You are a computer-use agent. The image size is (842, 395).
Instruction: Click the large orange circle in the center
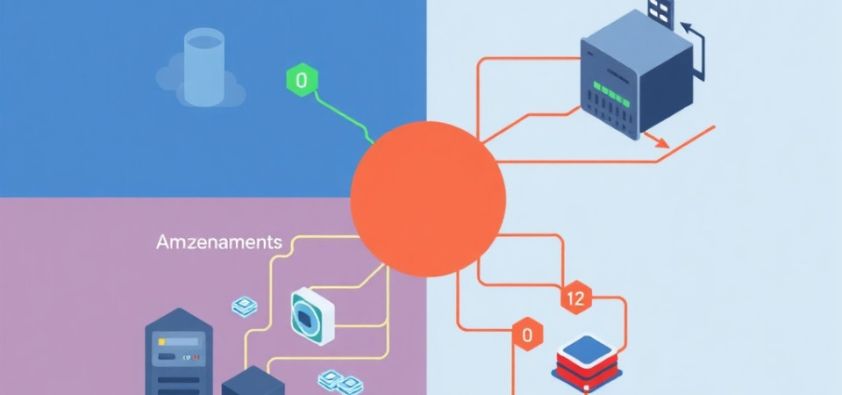tap(428, 199)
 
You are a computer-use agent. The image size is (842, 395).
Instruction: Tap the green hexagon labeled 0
tap(302, 82)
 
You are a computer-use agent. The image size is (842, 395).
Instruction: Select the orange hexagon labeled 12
tap(575, 298)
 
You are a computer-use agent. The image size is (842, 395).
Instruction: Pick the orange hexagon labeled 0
tap(527, 334)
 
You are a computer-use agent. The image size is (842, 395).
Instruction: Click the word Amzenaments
tap(218, 242)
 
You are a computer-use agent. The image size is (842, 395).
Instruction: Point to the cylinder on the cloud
tap(204, 66)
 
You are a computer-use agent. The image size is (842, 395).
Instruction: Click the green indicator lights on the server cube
tap(612, 88)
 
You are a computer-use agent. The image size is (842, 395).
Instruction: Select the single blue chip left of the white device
tap(244, 306)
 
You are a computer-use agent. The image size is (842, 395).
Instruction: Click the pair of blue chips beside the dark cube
tap(339, 382)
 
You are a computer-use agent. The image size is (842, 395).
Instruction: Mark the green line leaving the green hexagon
tap(342, 114)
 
